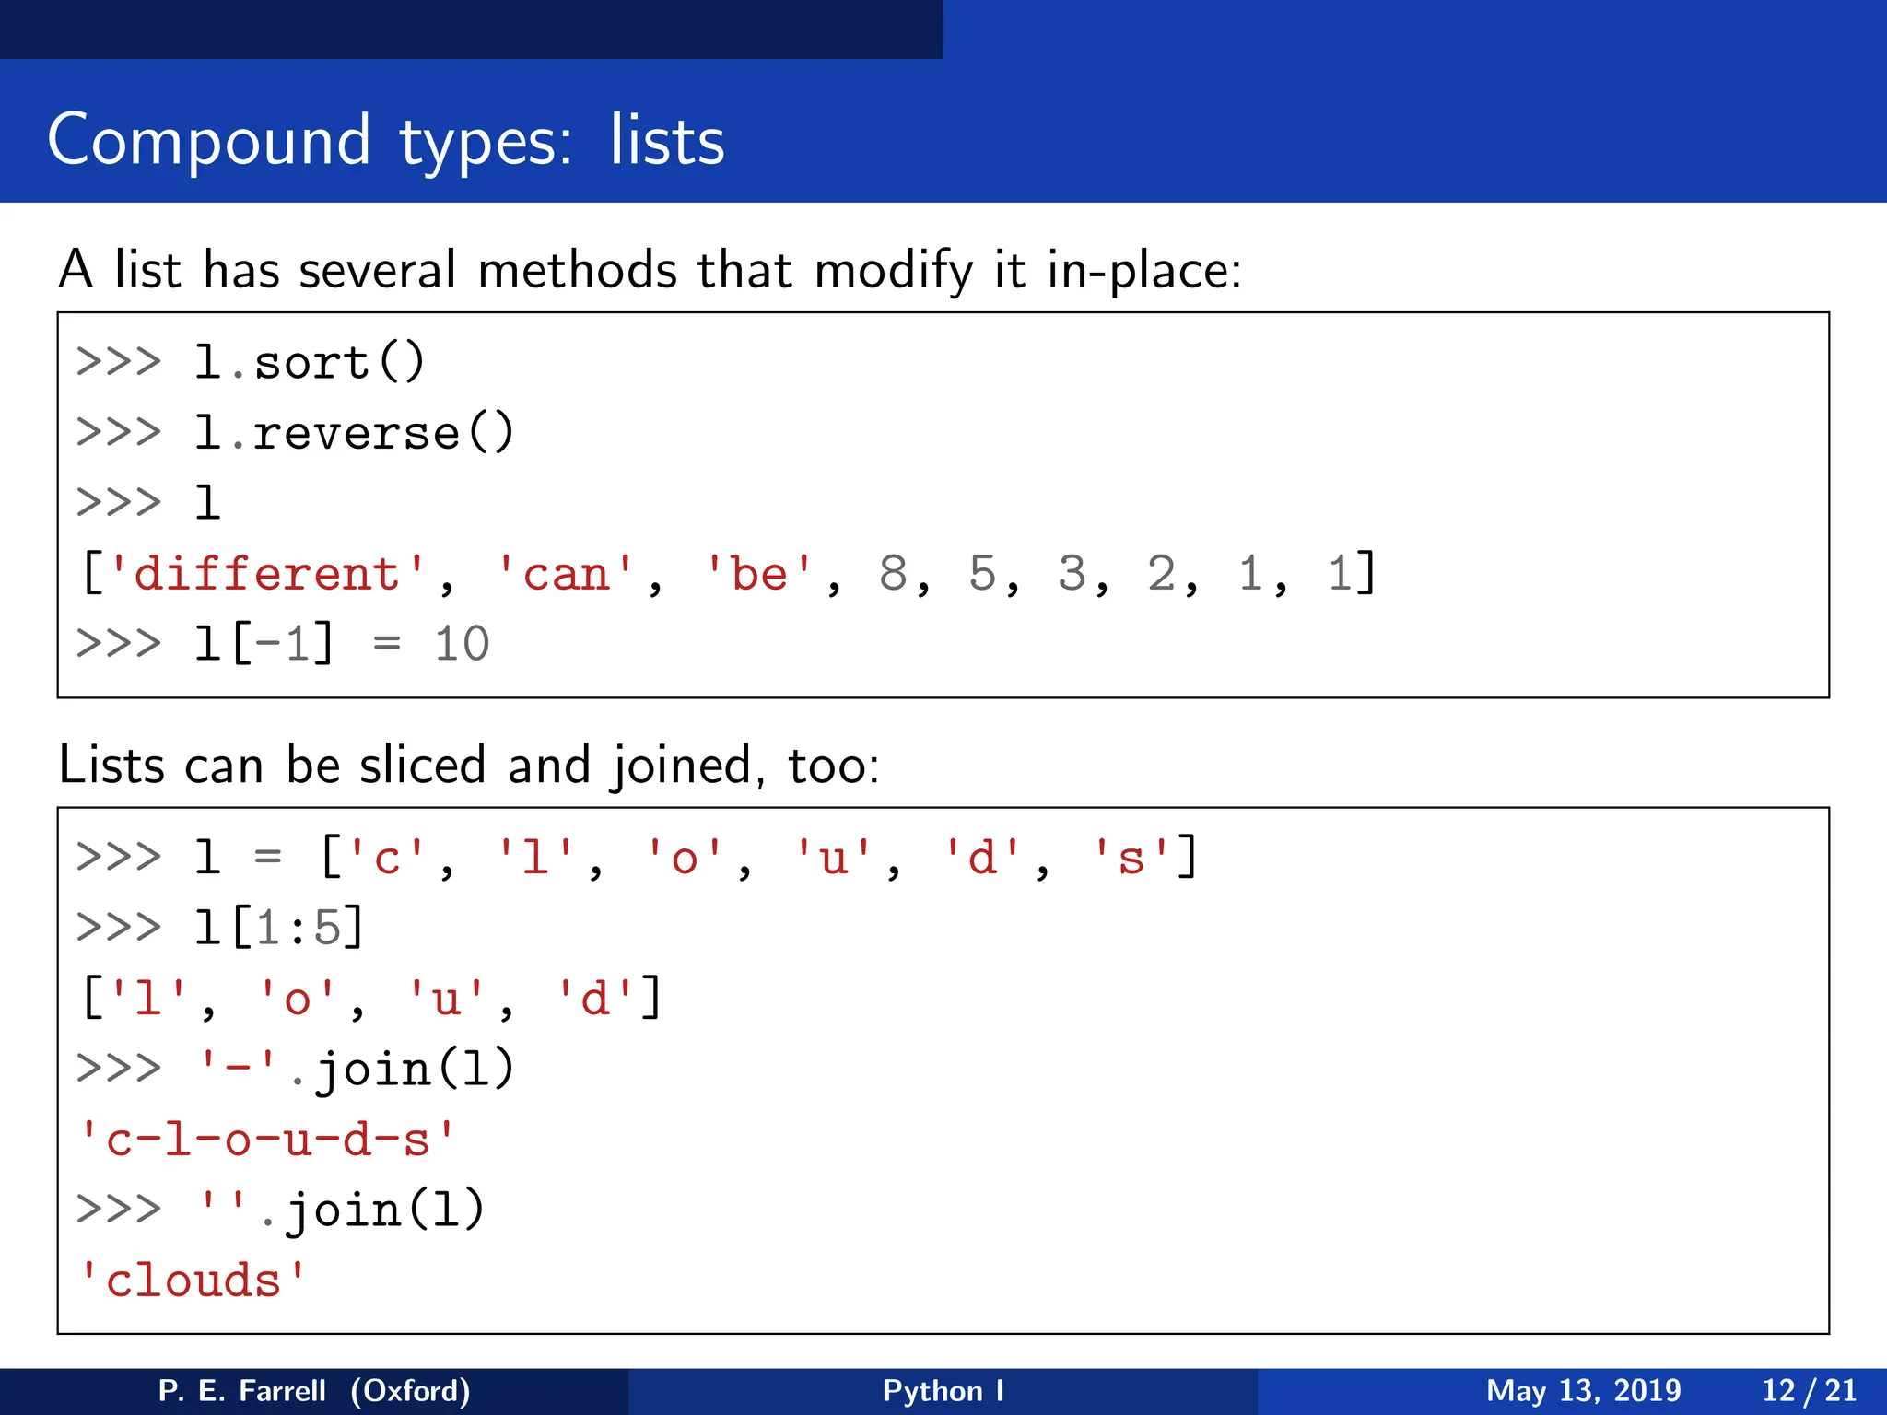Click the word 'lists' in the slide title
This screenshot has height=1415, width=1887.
coord(666,140)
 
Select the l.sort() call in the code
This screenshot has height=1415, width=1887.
coord(310,362)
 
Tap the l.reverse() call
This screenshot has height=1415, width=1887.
coord(354,433)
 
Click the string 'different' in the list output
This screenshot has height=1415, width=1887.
coord(267,575)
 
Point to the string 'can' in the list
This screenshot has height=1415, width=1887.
coord(566,575)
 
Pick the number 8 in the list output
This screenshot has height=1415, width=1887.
coord(892,574)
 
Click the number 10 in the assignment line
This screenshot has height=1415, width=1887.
coord(462,644)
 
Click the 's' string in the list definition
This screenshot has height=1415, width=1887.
coord(1131,858)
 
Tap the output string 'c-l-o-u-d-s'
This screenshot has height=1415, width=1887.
coord(267,1140)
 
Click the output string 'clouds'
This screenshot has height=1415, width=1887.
coord(193,1281)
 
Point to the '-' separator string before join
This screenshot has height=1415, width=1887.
coord(238,1070)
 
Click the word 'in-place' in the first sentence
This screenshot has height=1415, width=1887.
coord(1143,270)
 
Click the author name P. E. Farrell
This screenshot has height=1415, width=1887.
coord(242,1390)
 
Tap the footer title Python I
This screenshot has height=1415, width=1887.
coord(943,1390)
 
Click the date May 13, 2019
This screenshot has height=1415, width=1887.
coord(1583,1390)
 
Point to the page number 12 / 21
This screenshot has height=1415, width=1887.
coord(1809,1390)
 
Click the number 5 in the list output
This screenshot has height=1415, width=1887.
coord(982,574)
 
